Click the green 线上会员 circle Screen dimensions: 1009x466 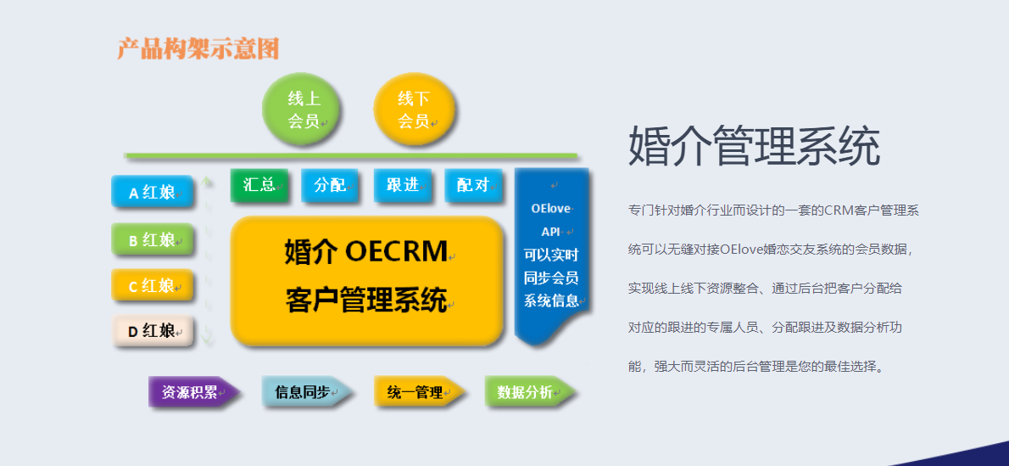click(x=301, y=109)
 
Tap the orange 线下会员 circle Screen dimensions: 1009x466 click(x=414, y=109)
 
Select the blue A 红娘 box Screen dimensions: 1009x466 click(x=152, y=191)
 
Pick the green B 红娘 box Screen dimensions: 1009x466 click(x=152, y=239)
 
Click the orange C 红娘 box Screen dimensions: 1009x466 click(x=152, y=285)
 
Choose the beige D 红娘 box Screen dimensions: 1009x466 click(x=152, y=331)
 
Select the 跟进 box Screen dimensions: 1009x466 click(x=402, y=185)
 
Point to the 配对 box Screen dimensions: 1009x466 click(x=473, y=185)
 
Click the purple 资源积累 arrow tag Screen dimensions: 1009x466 click(x=193, y=392)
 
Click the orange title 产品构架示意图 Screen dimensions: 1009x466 click(x=198, y=48)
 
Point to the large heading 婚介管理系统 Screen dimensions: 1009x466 click(x=754, y=146)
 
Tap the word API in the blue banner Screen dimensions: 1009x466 click(x=550, y=232)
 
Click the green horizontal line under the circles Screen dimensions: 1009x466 click(x=351, y=155)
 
